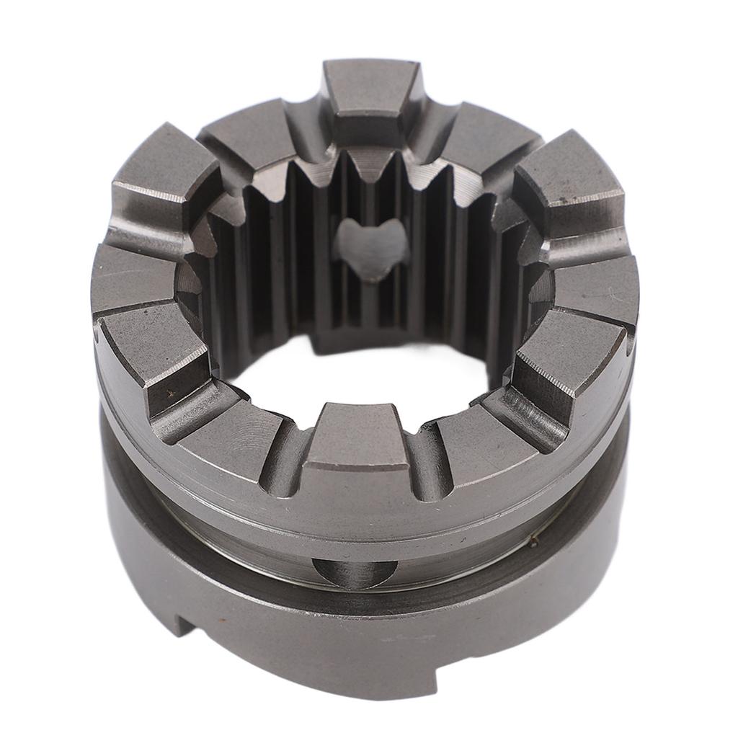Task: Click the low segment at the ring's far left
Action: (x=130, y=277)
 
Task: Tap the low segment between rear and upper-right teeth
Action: (x=490, y=133)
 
